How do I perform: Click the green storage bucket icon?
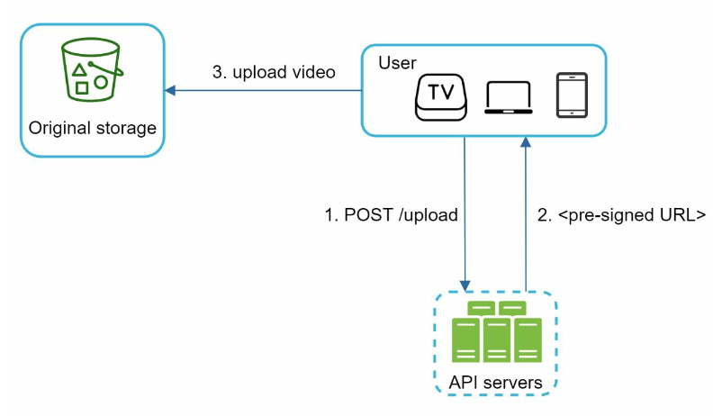point(92,69)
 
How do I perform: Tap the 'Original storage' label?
point(93,128)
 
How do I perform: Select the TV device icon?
point(440,97)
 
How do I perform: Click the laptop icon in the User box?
point(509,97)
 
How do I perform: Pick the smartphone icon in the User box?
point(572,95)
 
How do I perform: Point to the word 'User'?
point(397,63)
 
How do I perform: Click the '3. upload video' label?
point(274,72)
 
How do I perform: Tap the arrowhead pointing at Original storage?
point(170,90)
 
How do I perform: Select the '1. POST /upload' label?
point(392,215)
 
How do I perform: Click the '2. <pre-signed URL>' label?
point(621,215)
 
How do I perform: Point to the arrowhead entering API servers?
point(465,285)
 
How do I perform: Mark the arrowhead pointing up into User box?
point(526,142)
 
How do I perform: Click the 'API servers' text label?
point(495,383)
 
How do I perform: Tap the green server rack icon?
point(497,331)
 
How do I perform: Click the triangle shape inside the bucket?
point(79,70)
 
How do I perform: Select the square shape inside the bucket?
point(82,87)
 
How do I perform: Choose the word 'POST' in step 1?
point(369,215)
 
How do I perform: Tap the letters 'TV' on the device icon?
point(441,93)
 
